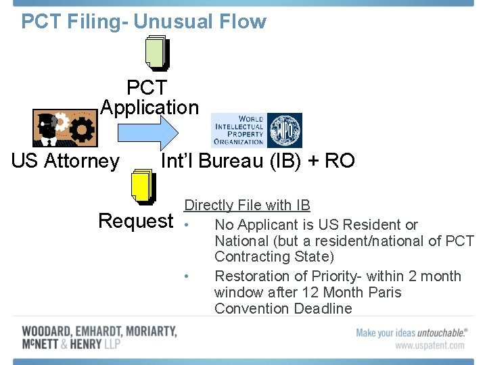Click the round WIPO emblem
point(284,130)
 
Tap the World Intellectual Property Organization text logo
point(238,130)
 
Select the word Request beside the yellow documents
point(136,221)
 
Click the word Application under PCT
point(149,107)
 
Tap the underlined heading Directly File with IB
point(247,205)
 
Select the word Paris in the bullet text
point(383,292)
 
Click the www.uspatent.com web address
point(430,345)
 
